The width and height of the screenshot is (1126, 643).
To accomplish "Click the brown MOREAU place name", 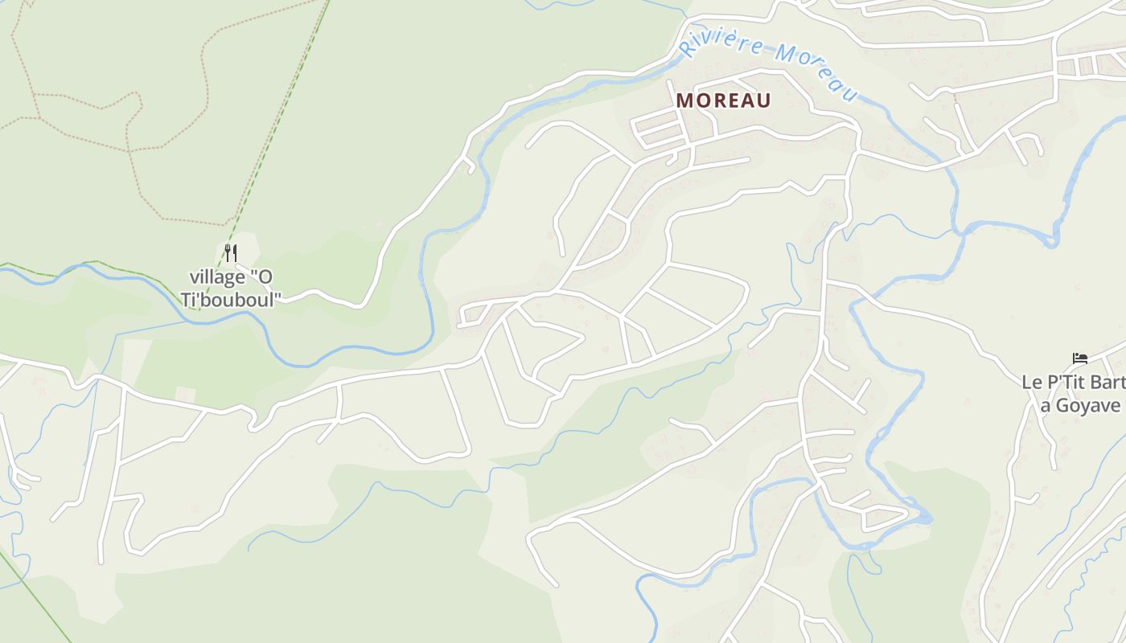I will pos(723,100).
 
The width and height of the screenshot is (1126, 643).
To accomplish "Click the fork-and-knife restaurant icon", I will pos(231,253).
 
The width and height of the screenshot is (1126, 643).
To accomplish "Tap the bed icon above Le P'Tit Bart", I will pos(1079,358).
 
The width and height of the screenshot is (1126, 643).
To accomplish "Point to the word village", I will pos(217,277).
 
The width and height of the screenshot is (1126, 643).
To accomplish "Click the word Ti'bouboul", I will pos(232,300).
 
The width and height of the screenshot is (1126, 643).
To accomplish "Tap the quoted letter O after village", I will pos(261,277).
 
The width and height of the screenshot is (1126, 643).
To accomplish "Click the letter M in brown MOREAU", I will pos(684,100).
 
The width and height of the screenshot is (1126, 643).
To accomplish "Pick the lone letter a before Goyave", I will pos(1046,406).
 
